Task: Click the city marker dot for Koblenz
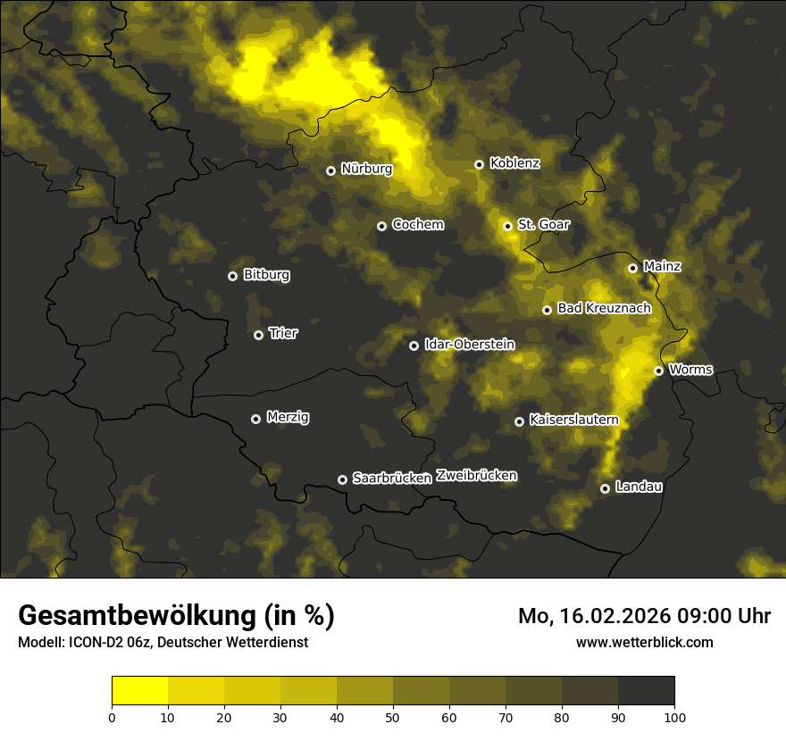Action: click(x=479, y=164)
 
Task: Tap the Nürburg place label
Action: click(x=366, y=168)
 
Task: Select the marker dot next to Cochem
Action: click(x=381, y=226)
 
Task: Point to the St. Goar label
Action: click(x=543, y=224)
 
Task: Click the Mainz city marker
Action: click(x=632, y=268)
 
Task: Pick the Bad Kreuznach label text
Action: click(x=604, y=308)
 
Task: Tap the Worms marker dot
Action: click(x=658, y=370)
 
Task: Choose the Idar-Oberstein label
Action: click(x=469, y=344)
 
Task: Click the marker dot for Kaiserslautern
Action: click(x=519, y=421)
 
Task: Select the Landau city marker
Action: click(x=605, y=488)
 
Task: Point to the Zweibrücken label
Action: click(x=476, y=475)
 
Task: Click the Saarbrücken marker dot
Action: click(x=342, y=479)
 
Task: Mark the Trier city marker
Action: click(x=258, y=335)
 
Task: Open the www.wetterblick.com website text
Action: click(x=644, y=642)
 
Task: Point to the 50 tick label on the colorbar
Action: click(x=393, y=717)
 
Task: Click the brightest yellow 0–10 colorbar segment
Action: click(x=139, y=691)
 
